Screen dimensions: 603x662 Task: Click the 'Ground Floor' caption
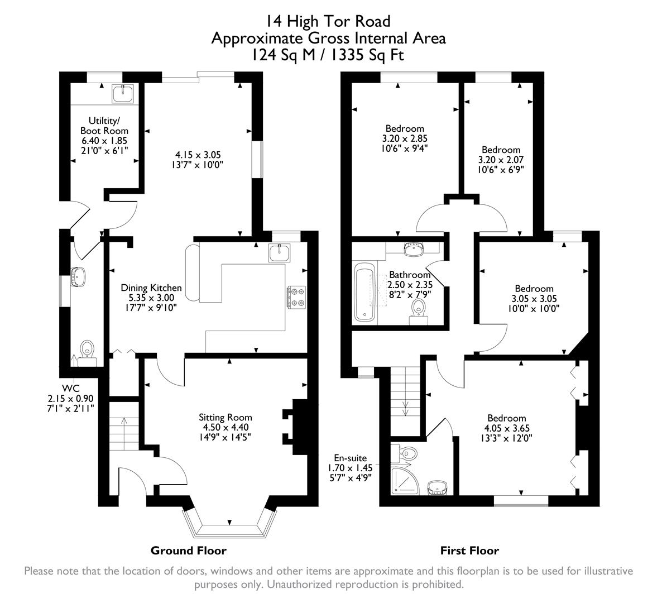pos(188,551)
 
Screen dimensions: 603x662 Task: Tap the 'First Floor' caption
pos(469,551)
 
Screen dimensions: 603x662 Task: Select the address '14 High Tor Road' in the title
pos(327,21)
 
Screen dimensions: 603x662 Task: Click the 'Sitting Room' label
pos(225,417)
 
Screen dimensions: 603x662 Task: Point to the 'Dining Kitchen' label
pos(151,288)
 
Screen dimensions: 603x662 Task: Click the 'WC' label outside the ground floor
pos(70,388)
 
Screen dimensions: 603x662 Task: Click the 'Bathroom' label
pos(410,275)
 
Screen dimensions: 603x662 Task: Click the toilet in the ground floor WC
pos(87,351)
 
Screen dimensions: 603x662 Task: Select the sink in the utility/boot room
pos(122,94)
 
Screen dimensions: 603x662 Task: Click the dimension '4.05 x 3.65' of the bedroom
pos(506,428)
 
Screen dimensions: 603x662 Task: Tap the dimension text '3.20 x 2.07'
pos(501,159)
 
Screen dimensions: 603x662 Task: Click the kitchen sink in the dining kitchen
pos(279,253)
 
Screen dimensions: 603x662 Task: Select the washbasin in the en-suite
pos(437,487)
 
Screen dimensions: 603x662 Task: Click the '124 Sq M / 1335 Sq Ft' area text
pos(327,55)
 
